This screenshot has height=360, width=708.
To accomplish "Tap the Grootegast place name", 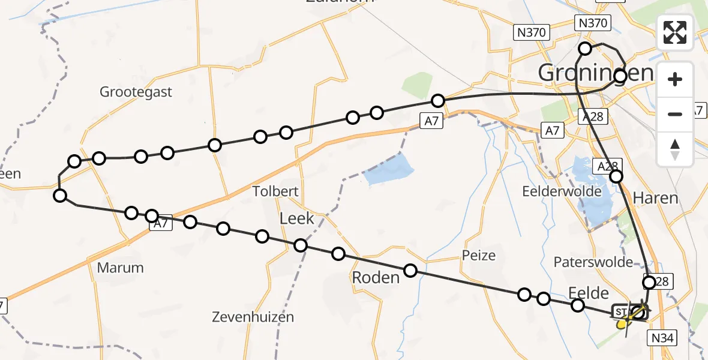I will coord(136,92).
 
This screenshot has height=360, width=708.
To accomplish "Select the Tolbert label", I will coord(275,192).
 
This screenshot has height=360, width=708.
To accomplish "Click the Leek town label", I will coord(297,218).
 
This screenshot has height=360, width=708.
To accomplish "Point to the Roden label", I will coord(376,278).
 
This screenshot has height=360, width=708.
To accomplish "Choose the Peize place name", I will coord(479,256).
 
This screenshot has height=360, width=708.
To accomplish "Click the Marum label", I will coord(121,268).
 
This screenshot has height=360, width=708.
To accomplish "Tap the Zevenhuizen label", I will coord(253,317).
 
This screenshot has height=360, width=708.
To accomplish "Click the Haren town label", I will coord(656,198).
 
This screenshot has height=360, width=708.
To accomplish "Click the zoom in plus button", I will coord(675,79).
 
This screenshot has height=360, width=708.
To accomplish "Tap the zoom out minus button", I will coord(675,114).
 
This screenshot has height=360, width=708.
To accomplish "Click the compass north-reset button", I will coord(675,149).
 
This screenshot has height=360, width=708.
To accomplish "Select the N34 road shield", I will coord(664,339).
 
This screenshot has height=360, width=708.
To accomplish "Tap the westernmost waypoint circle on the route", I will coord(60,195).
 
